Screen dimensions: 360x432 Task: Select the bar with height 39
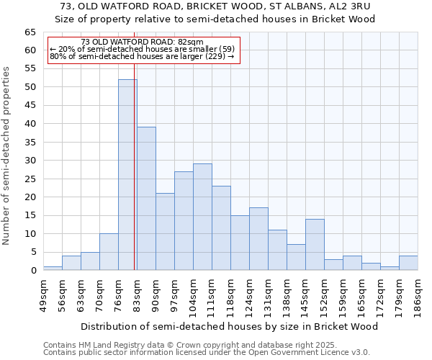146,199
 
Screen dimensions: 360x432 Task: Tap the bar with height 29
202,217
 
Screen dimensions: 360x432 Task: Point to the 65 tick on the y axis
30,32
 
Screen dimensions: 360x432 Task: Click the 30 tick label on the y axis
30,161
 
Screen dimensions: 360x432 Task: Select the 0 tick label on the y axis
32,271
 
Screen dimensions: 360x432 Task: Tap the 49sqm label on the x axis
43,292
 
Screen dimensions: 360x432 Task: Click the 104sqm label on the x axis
193,294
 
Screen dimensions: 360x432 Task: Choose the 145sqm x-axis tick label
305,294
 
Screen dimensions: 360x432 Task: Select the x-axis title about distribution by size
229,326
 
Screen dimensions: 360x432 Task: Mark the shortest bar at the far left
53,269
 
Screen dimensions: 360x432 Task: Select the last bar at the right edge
408,264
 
